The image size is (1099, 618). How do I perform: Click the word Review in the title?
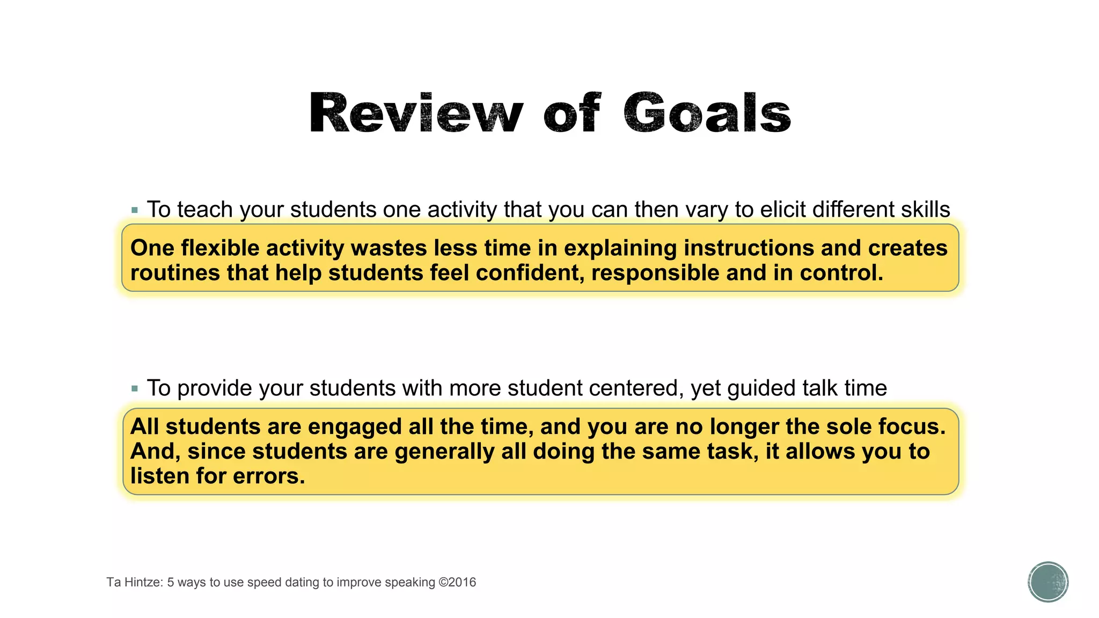tap(416, 113)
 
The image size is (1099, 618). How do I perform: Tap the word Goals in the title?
tap(707, 113)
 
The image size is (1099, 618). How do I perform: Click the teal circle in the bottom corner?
tap(1048, 582)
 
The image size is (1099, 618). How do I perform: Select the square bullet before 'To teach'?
tap(135, 210)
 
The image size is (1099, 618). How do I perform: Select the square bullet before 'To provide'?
tap(135, 388)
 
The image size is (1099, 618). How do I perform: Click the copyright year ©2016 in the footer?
tap(457, 583)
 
